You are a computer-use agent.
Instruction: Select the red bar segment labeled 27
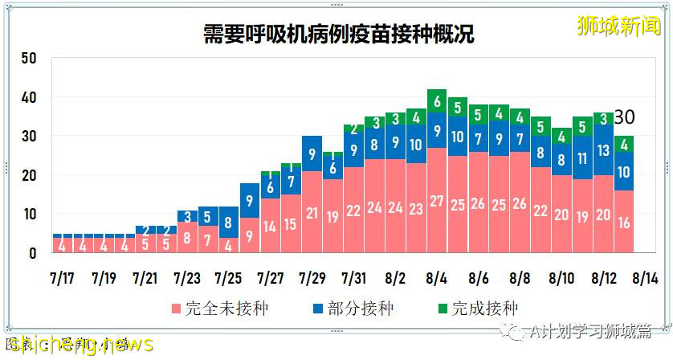pyautogui.click(x=437, y=201)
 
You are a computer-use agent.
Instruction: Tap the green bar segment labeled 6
pyautogui.click(x=437, y=101)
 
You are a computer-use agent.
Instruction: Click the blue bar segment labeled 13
pyautogui.click(x=603, y=150)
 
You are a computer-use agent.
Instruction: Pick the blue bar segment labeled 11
pyautogui.click(x=583, y=158)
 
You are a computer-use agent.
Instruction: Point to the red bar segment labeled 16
pyautogui.click(x=624, y=223)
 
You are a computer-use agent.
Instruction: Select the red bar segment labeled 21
pyautogui.click(x=312, y=213)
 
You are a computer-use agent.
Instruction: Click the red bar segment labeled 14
pyautogui.click(x=270, y=227)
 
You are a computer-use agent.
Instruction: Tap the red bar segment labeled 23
pyautogui.click(x=416, y=209)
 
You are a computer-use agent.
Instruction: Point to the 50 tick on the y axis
pyautogui.click(x=29, y=59)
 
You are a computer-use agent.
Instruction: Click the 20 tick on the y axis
pyautogui.click(x=29, y=175)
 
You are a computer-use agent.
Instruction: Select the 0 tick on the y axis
pyautogui.click(x=33, y=253)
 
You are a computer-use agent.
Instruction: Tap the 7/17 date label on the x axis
pyautogui.click(x=61, y=279)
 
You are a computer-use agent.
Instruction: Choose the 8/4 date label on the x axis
pyautogui.click(x=437, y=279)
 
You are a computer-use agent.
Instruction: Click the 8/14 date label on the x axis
pyautogui.click(x=645, y=279)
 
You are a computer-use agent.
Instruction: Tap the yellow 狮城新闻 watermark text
pyautogui.click(x=618, y=26)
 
